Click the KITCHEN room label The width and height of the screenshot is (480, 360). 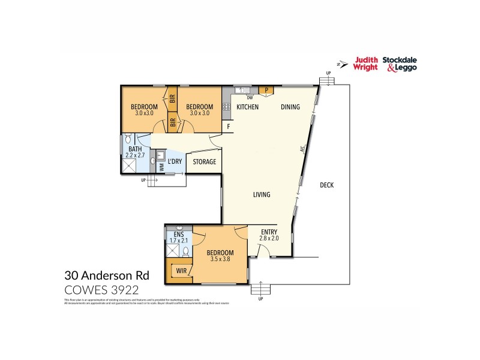pos(247,107)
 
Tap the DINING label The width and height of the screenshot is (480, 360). pos(291,107)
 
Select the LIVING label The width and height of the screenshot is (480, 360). pos(261,194)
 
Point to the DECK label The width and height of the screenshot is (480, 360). pos(326,185)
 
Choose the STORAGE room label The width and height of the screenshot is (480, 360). pos(204,162)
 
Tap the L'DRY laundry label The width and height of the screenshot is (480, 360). pos(175,161)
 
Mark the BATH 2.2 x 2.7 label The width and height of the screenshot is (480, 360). pos(135,153)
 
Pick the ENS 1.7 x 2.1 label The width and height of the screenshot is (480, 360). pos(178,238)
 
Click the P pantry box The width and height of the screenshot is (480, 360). pos(266,91)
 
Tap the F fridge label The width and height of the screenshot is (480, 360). pos(228,127)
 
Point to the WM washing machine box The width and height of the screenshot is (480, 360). pos(161,167)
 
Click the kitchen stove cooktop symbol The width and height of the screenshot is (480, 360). pos(227,107)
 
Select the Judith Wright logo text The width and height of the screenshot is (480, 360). pos(365,63)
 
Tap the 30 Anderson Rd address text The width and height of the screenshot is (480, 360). pos(106,277)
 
